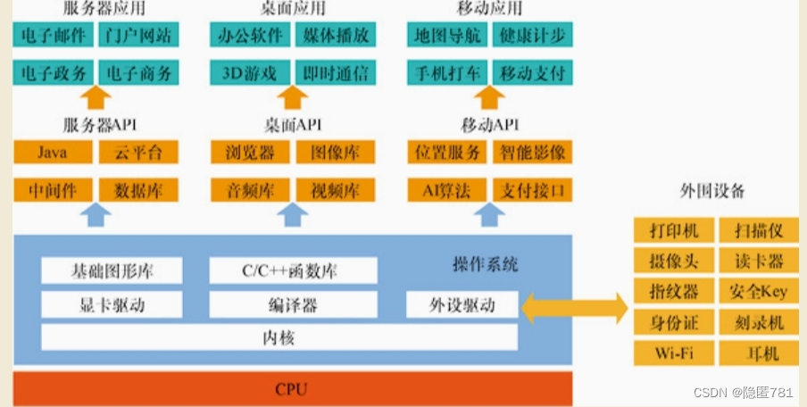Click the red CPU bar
pyautogui.click(x=292, y=389)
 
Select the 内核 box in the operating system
pyautogui.click(x=279, y=338)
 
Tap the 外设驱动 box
pyautogui.click(x=462, y=305)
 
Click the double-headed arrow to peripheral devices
pyautogui.click(x=575, y=309)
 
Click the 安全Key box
pyautogui.click(x=758, y=292)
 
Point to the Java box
pyautogui.click(x=53, y=153)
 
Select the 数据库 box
pyautogui.click(x=137, y=190)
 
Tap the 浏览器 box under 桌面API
pyautogui.click(x=249, y=153)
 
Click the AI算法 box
pyautogui.click(x=445, y=190)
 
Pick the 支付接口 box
pyautogui.click(x=531, y=190)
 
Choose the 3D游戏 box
pyautogui.click(x=249, y=72)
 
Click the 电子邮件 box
pyautogui.click(x=53, y=35)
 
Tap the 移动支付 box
pyautogui.click(x=531, y=72)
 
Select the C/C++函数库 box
pyautogui.click(x=291, y=270)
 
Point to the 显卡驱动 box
pyautogui.click(x=112, y=305)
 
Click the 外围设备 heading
pyautogui.click(x=711, y=191)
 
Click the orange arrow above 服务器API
pyautogui.click(x=96, y=97)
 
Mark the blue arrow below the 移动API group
pyautogui.click(x=488, y=214)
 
